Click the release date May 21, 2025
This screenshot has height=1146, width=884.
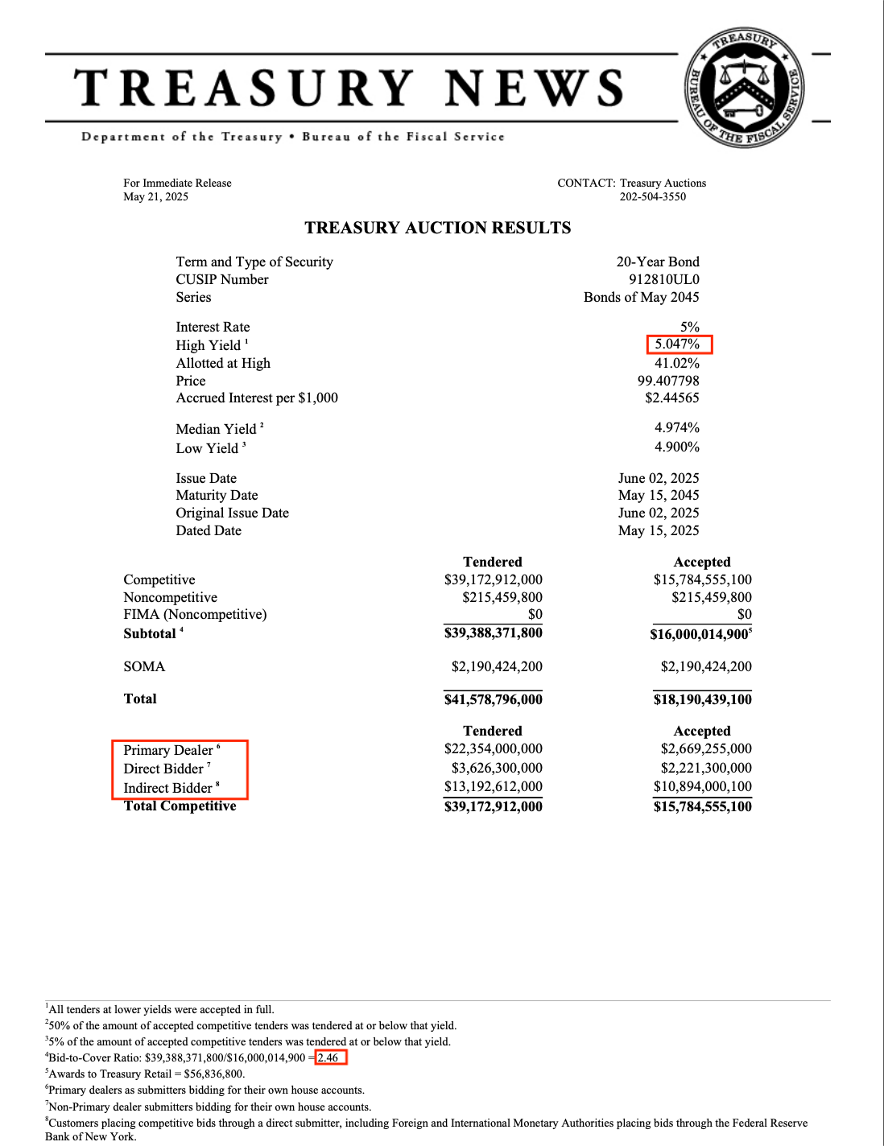tap(155, 196)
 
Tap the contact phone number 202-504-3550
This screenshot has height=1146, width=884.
tap(652, 196)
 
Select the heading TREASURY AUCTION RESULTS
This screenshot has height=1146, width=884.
tap(437, 228)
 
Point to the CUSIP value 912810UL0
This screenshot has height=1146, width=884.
tap(663, 279)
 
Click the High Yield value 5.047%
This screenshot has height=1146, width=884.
tap(677, 344)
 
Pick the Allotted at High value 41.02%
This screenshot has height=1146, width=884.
tap(676, 363)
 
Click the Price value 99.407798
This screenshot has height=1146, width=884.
tap(667, 381)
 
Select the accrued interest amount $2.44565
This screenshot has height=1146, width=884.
tap(671, 398)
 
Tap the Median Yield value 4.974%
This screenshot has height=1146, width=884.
tap(676, 427)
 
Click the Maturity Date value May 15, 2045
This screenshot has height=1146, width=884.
tap(658, 495)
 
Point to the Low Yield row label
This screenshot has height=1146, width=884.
tap(207, 448)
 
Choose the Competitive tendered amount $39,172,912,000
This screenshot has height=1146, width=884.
tap(493, 579)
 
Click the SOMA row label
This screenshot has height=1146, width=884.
tap(144, 666)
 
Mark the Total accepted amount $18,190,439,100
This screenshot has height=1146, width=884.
tap(702, 699)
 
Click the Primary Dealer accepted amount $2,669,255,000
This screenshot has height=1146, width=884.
tap(705, 748)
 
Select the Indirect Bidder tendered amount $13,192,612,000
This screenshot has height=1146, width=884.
tap(493, 786)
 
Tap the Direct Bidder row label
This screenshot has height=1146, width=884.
tap(163, 769)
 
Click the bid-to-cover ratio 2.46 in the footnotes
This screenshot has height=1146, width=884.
tap(328, 1057)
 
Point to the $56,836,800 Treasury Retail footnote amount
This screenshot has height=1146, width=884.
tap(213, 1074)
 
